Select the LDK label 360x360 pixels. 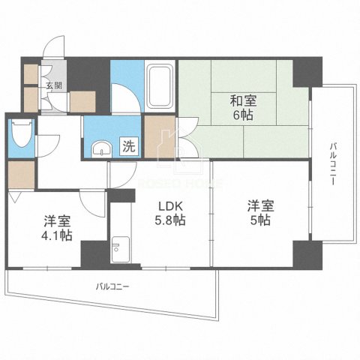click(x=169, y=206)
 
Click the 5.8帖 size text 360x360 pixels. click(x=170, y=221)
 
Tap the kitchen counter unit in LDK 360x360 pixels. click(x=119, y=240)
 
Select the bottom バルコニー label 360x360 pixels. click(x=112, y=286)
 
